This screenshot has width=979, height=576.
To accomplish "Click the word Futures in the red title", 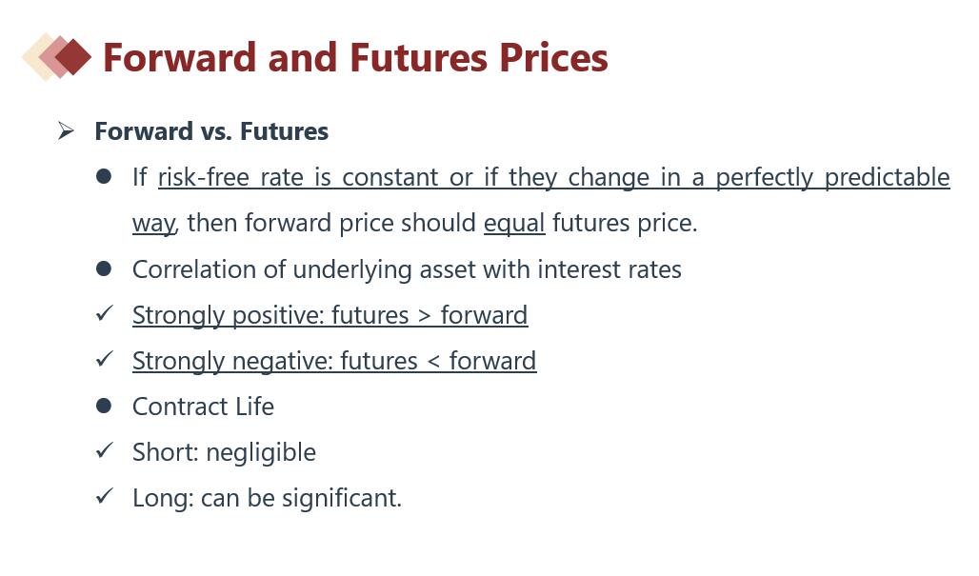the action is click(418, 57).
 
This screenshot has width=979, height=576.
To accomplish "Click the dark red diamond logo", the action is click(73, 57).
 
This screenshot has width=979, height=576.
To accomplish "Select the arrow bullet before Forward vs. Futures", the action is click(66, 131).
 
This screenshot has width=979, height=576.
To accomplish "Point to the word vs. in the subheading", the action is click(216, 131).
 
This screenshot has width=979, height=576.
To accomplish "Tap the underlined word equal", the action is click(514, 224).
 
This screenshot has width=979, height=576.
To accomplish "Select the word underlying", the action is click(352, 270).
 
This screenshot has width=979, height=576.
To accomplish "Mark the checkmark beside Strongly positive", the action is click(104, 312).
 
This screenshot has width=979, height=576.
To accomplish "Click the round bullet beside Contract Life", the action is click(104, 407).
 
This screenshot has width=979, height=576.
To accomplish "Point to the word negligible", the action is click(261, 453).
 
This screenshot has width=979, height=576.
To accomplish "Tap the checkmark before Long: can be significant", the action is click(104, 495).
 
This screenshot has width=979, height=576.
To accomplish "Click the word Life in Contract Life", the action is click(254, 407).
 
